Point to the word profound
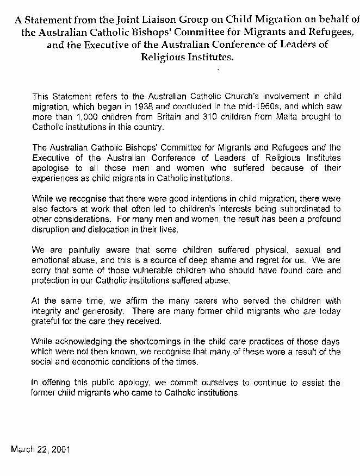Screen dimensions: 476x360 [321, 219]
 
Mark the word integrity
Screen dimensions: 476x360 [48, 311]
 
